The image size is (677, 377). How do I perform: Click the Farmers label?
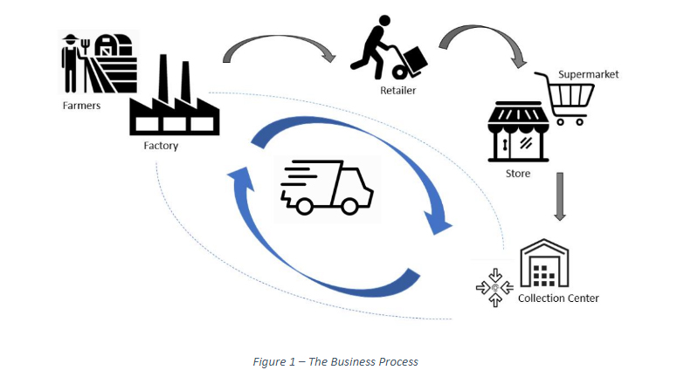point(80,106)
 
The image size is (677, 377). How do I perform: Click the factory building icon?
point(173,100)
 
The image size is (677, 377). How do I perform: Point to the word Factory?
point(161,146)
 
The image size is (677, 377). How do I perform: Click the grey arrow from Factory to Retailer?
point(279,49)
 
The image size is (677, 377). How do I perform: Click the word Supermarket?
point(588,74)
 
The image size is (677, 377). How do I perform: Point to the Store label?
point(517,174)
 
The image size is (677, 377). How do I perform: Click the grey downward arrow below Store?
point(560,195)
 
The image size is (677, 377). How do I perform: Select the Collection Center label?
point(558,298)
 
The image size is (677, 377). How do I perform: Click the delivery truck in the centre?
point(326,188)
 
